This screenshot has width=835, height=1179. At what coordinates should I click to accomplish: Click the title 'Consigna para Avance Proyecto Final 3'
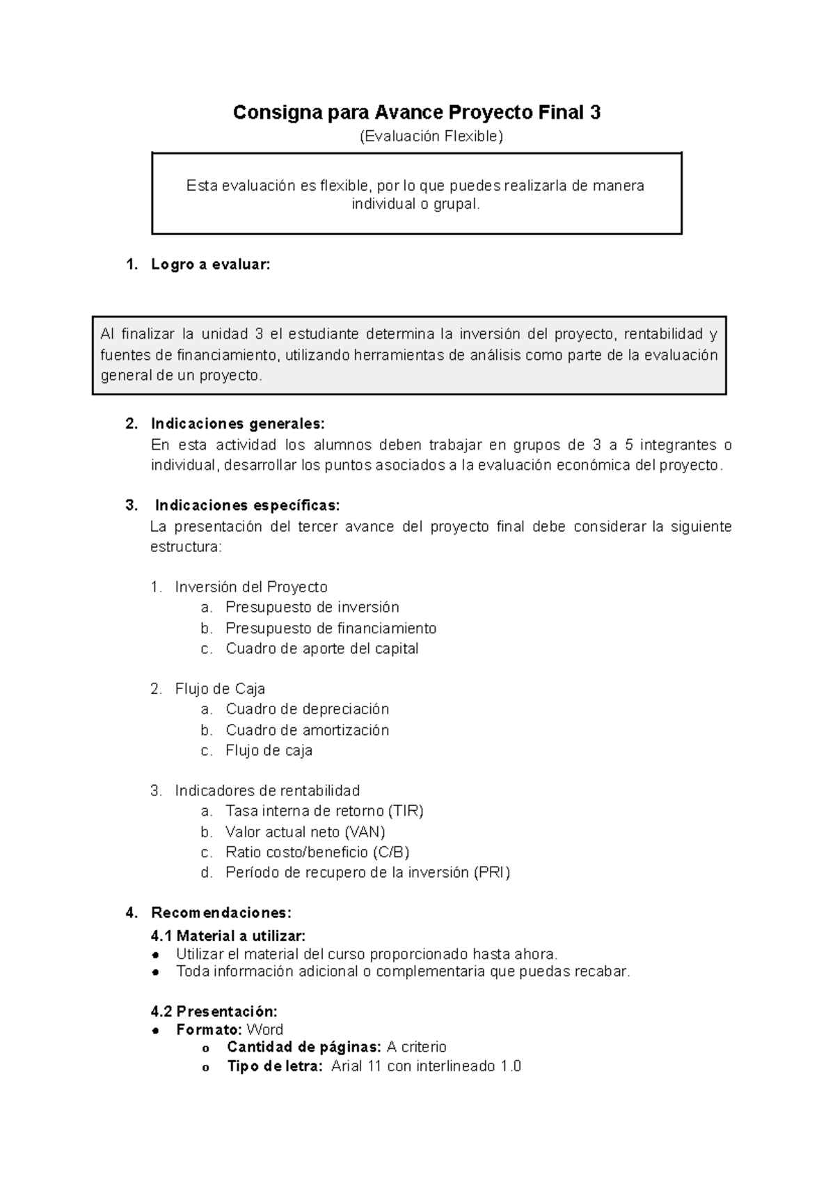tap(416, 113)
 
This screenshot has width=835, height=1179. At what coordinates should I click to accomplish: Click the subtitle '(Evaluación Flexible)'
tap(430, 136)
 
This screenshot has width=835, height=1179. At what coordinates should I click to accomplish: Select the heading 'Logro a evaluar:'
tap(210, 264)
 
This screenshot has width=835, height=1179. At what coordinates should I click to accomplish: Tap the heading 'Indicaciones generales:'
tap(237, 424)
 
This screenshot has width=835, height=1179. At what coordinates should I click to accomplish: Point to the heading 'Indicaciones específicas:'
tap(247, 505)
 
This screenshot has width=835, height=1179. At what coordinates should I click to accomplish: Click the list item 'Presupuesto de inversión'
tap(312, 607)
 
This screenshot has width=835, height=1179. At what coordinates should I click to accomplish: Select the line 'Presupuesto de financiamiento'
tap(331, 628)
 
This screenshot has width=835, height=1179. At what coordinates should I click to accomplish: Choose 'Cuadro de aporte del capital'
tap(321, 649)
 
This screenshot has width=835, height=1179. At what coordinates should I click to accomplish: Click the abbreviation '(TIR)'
tap(406, 811)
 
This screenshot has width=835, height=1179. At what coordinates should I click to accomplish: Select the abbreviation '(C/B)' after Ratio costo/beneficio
tap(390, 852)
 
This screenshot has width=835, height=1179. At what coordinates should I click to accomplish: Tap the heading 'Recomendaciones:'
tap(221, 912)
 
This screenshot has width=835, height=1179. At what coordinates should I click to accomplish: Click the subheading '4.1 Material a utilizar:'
tap(228, 935)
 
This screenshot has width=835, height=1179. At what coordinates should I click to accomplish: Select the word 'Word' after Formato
tap(265, 1029)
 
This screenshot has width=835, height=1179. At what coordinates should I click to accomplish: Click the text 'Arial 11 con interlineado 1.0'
tap(426, 1066)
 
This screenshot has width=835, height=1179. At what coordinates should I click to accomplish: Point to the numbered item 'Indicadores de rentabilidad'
tap(267, 791)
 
